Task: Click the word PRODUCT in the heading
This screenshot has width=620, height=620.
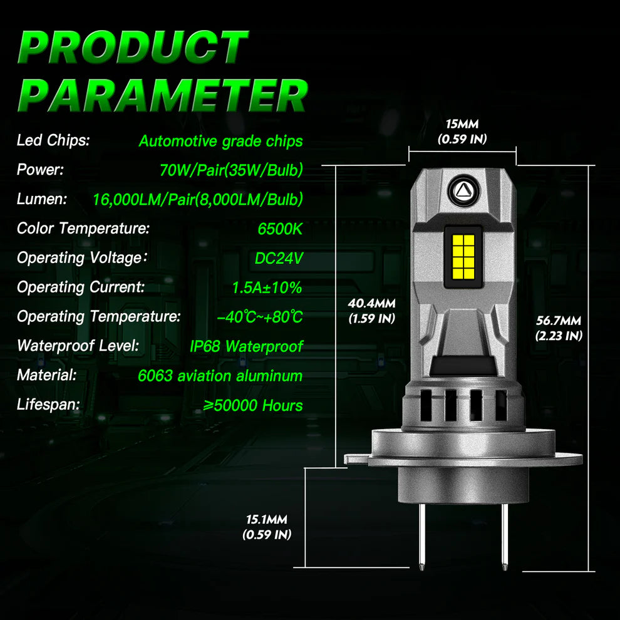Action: coord(133,48)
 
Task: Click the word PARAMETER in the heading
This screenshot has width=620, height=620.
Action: coord(163,95)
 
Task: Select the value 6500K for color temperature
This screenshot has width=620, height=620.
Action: coord(280,229)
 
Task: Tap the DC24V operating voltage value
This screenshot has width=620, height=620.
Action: coord(279,258)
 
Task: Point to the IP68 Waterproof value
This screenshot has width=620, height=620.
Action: coord(246,346)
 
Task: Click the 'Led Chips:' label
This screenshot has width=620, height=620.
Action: coord(53,140)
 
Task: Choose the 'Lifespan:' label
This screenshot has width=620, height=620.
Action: coord(48,405)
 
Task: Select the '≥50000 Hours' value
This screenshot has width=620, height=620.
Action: coord(253,405)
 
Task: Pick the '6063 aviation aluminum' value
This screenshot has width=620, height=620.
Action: coord(220,376)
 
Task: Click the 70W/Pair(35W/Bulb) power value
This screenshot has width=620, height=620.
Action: coord(231,170)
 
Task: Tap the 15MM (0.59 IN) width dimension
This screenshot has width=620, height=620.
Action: coord(462,132)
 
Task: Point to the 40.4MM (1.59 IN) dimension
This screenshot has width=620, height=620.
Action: coord(371,311)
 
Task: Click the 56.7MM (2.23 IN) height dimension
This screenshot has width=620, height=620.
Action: coord(559,328)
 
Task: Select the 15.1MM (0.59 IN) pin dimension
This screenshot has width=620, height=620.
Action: coord(267,527)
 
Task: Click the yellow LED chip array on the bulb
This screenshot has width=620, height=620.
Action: coord(463,257)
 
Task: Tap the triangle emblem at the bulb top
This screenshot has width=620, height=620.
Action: coord(463,191)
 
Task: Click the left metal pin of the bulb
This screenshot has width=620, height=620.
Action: coord(422,537)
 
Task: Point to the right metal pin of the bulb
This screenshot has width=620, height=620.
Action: coord(505,537)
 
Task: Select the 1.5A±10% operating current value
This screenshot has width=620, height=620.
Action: coord(267,287)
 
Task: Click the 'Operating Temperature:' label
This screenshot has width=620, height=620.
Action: coord(99,316)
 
